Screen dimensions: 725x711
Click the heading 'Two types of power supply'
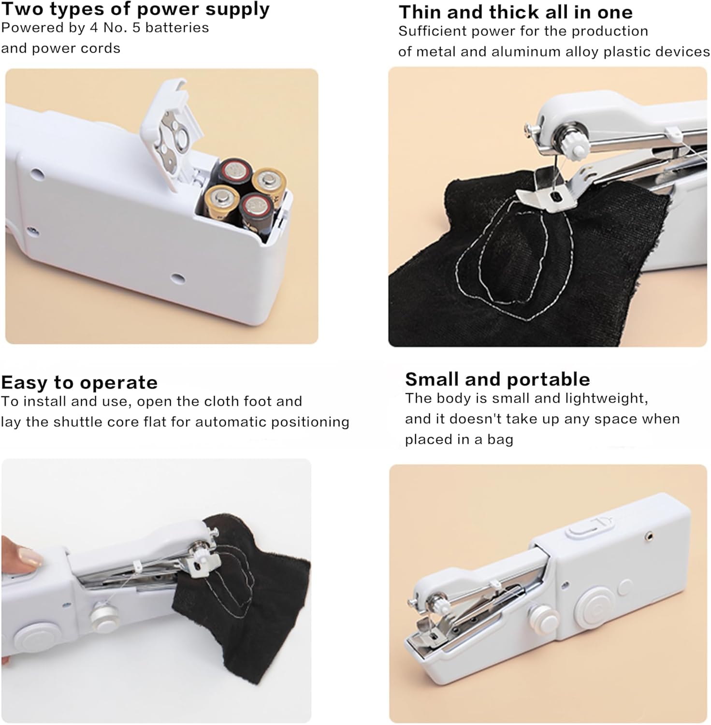135,9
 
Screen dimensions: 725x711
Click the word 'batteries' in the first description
177,28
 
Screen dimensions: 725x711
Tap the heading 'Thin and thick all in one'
515,12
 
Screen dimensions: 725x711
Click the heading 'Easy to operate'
79,382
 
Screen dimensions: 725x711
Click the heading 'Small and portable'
497,379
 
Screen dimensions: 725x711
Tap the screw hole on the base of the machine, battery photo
177,278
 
